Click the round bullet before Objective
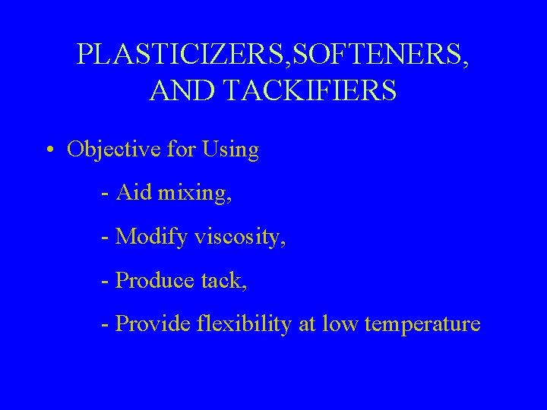point(49,150)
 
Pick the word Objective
point(112,150)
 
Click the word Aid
point(134,194)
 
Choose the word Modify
point(150,238)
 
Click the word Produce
point(154,281)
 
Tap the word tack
point(223,281)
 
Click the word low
point(340,324)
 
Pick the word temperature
point(422,325)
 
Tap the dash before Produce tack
point(104,282)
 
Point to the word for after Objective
point(181,150)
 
